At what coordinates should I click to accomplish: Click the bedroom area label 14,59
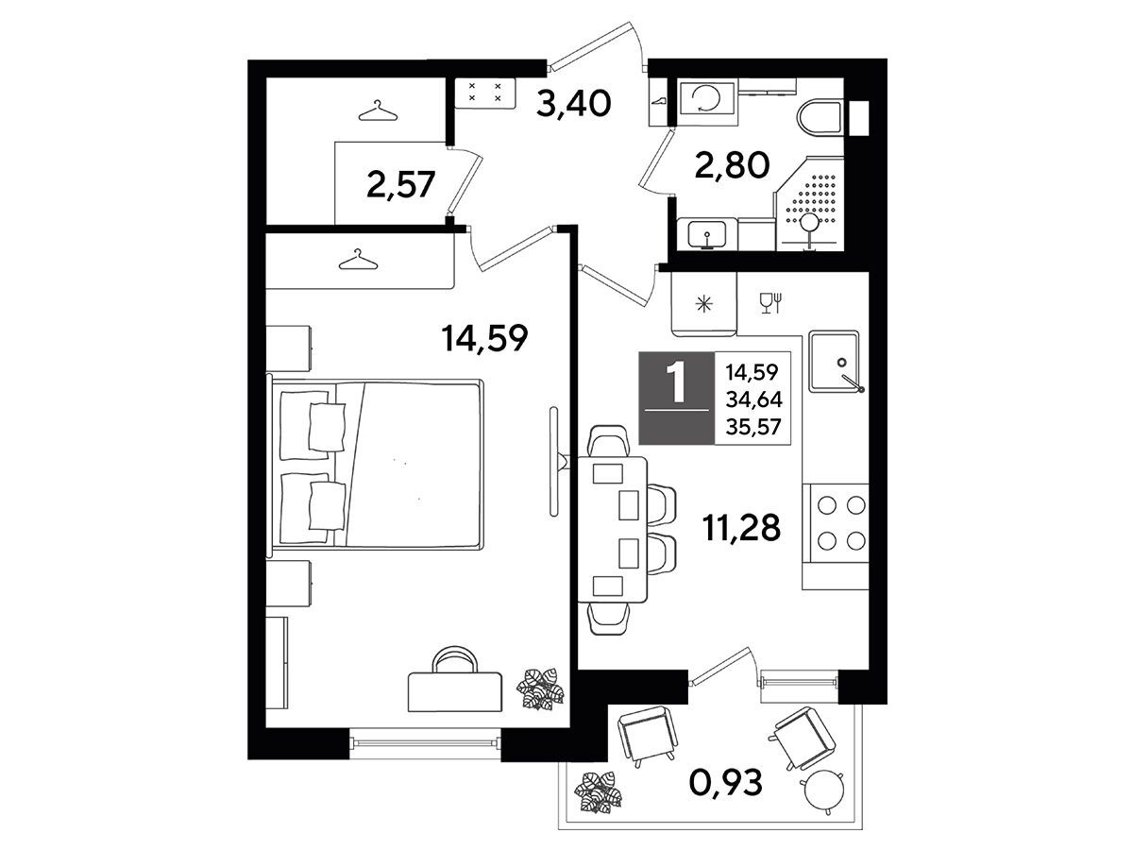click(484, 338)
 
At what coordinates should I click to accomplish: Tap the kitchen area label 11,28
click(741, 528)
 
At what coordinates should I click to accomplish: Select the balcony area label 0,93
click(725, 782)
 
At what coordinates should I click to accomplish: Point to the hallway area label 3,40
click(573, 103)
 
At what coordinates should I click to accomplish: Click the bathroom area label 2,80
click(732, 165)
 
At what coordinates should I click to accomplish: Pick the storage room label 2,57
click(401, 185)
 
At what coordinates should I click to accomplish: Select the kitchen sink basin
click(834, 362)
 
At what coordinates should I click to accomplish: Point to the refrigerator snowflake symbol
click(704, 304)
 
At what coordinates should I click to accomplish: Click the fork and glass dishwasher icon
click(771, 303)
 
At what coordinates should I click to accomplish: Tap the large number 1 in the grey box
click(677, 382)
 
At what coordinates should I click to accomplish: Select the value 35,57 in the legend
click(753, 427)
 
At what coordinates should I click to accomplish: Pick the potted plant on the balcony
click(599, 792)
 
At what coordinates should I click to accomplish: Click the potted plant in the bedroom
click(540, 688)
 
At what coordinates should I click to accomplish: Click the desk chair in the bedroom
click(455, 659)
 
